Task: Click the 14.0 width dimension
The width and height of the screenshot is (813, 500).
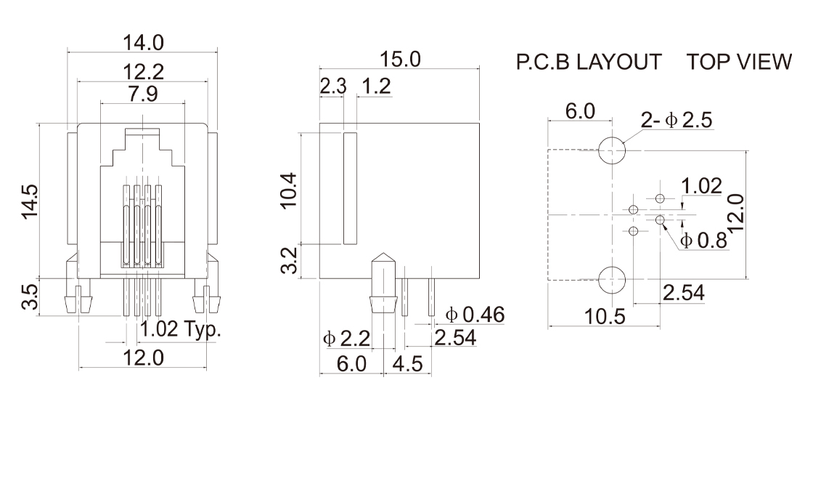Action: [143, 44]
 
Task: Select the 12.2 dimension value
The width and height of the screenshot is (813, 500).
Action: [143, 72]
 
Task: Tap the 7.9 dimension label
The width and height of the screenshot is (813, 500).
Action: [143, 94]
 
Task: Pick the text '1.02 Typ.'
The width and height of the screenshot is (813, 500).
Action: [180, 329]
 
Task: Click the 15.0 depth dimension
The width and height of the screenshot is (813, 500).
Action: [399, 60]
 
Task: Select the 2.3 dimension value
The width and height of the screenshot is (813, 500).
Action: [333, 87]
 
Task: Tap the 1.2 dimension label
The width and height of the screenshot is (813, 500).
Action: [376, 87]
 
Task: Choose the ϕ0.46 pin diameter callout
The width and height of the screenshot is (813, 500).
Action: [475, 315]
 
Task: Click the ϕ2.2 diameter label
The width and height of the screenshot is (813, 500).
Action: [346, 338]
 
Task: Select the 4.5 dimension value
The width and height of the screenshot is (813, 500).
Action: [407, 363]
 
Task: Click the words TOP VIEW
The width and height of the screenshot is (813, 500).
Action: [740, 62]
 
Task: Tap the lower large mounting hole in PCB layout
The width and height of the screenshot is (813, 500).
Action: [612, 279]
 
